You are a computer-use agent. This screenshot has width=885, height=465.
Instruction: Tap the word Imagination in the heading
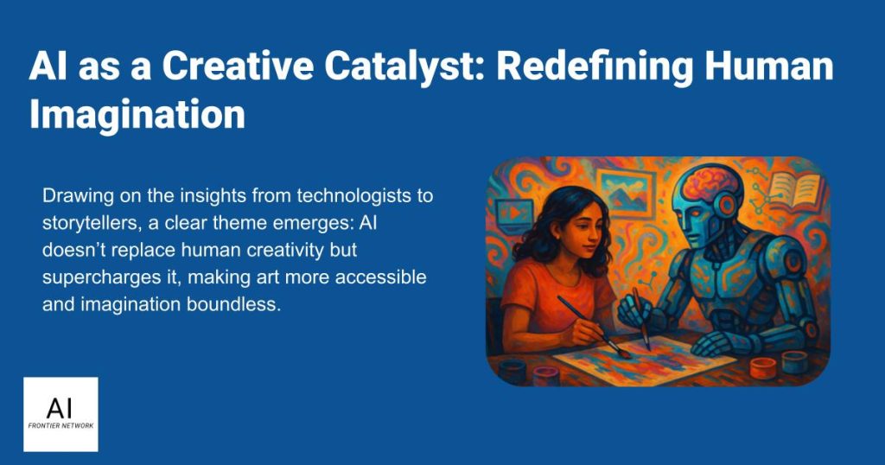coord(137,115)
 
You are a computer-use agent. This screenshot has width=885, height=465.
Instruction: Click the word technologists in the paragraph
coord(365,196)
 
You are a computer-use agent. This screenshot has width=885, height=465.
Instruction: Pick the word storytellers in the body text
coord(92,223)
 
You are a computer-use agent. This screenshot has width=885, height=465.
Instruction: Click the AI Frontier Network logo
coord(61,414)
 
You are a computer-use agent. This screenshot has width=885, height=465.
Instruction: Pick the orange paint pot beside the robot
coord(763,368)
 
